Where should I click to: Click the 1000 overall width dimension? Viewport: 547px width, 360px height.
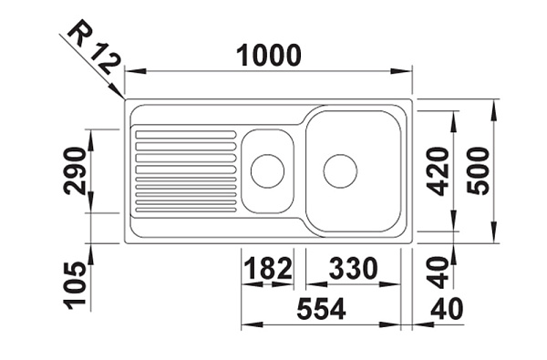268,55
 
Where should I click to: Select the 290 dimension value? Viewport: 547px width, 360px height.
74,170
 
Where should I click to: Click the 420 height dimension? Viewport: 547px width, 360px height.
439,171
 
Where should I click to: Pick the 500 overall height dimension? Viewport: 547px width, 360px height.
479,171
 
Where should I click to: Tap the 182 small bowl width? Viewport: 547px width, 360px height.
268,268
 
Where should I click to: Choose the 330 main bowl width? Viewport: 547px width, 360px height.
353,268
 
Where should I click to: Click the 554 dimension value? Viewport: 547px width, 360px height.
321,309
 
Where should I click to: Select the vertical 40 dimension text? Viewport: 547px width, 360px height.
439,273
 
